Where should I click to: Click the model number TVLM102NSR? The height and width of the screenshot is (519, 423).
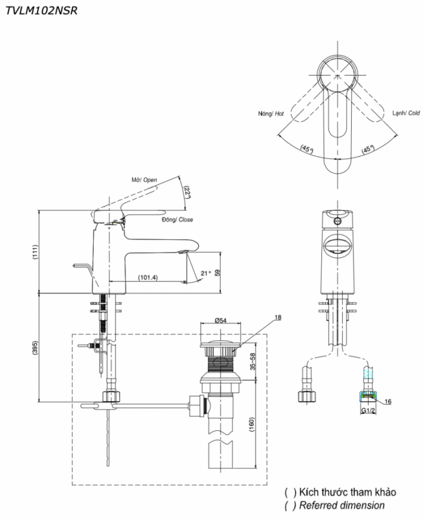pos(41,10)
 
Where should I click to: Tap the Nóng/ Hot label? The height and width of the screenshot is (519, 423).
pos(270,113)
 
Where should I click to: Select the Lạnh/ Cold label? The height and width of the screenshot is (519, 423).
pos(405,113)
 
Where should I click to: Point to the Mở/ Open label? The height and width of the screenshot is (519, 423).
pos(144,180)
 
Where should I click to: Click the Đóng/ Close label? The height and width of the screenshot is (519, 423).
pos(178,220)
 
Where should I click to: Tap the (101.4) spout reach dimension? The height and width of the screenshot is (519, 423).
pos(147,277)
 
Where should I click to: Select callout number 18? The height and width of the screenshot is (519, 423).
pos(278,317)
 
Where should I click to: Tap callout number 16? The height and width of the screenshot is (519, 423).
pos(387,401)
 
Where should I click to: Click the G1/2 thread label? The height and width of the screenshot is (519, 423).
pos(368,411)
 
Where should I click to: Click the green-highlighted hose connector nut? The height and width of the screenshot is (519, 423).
pos(365,396)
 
